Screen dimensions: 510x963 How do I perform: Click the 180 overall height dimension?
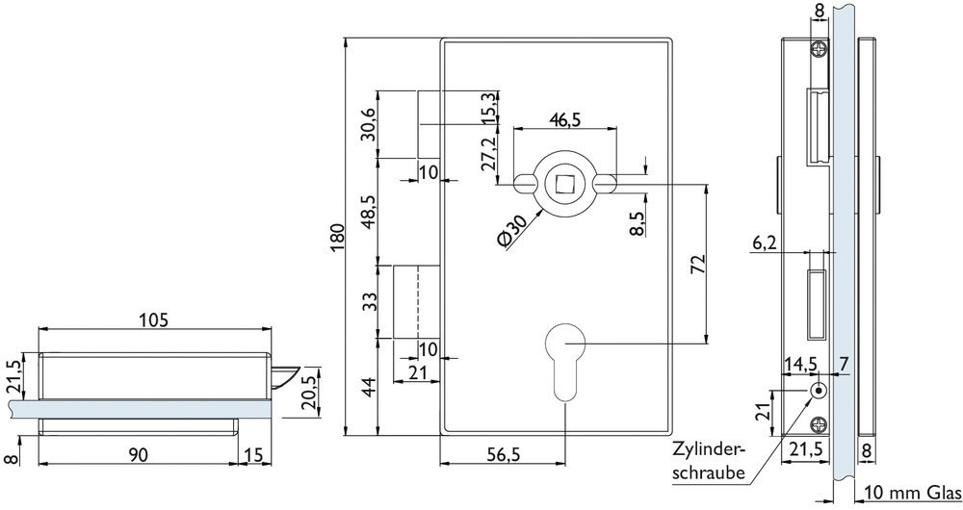tap(336, 237)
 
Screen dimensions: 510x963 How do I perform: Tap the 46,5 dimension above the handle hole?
tap(564, 119)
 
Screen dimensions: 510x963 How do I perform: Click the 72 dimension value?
tap(698, 265)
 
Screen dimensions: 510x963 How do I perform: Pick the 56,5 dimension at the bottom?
tap(502, 455)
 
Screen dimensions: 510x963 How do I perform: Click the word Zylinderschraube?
tap(708, 458)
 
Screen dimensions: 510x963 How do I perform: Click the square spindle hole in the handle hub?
tap(564, 180)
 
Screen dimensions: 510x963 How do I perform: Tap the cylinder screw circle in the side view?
tap(818, 392)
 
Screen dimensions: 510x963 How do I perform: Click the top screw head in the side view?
tap(819, 50)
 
